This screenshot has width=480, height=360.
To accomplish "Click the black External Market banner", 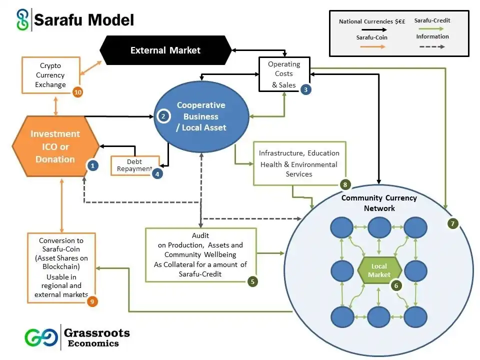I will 165,50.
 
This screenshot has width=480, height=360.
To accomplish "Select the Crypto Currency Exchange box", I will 50,75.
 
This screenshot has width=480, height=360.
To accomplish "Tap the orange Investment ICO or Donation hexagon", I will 55,146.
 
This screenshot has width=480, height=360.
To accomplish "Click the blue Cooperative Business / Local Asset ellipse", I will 201,116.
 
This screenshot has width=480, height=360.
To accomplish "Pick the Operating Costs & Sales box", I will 283,74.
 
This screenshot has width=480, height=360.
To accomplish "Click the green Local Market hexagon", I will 379,270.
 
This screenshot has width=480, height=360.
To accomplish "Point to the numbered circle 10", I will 77,92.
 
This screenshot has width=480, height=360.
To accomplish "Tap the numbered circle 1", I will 92,164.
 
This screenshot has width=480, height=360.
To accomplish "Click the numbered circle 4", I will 157,174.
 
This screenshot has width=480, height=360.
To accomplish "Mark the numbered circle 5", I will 253,281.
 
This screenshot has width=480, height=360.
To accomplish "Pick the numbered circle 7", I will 452,223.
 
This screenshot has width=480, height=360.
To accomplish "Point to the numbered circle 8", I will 345,184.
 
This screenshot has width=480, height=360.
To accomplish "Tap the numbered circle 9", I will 92,301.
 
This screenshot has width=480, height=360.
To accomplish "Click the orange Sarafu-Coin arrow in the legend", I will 370,46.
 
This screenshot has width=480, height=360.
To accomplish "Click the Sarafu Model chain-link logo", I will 21,20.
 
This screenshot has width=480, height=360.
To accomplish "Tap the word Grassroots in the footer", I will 96,332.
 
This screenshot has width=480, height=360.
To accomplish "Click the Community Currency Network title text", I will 378,203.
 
